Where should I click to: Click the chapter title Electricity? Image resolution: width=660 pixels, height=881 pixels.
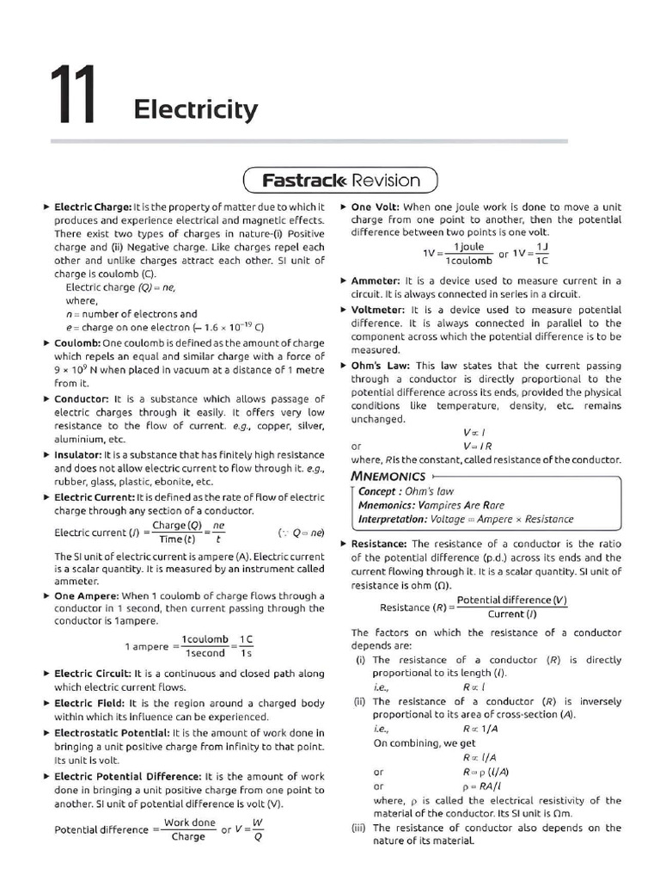tap(195, 109)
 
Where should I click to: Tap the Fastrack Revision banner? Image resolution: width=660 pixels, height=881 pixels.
tap(341, 181)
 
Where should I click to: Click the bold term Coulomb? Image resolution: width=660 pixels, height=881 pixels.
tap(77, 342)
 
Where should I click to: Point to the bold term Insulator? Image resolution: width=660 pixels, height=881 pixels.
tap(78, 455)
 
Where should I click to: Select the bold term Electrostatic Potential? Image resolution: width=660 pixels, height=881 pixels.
tap(112, 733)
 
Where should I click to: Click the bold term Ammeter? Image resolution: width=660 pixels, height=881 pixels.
tap(376, 280)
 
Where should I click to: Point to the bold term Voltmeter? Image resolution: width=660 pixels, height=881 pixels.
tap(378, 310)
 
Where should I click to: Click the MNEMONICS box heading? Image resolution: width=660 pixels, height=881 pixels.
tap(388, 476)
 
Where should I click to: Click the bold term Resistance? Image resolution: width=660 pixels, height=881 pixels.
tap(380, 544)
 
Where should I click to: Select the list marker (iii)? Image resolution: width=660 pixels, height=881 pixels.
tap(361, 828)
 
